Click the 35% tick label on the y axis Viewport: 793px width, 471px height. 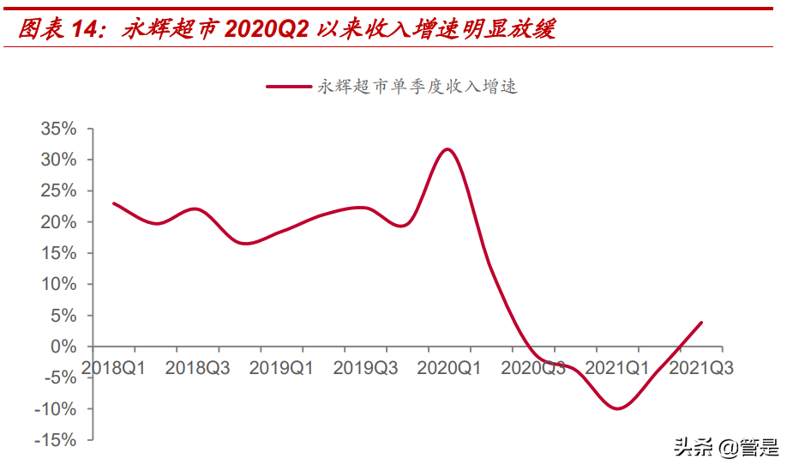(58, 129)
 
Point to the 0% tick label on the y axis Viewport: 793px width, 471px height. (63, 347)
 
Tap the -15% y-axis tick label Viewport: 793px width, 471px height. (56, 440)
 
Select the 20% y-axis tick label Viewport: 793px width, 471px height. (58, 222)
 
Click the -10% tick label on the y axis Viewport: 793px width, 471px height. (56, 409)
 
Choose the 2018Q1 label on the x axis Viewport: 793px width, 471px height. (113, 367)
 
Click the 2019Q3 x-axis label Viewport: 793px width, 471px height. (365, 367)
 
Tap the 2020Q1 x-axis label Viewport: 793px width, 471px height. (449, 367)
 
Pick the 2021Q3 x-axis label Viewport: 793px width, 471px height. (701, 367)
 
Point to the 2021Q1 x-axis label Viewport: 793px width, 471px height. (617, 367)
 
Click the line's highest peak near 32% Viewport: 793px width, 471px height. (447, 149)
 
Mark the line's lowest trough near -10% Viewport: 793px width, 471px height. (616, 408)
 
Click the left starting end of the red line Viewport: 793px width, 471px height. (114, 203)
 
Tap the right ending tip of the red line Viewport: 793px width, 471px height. (701, 323)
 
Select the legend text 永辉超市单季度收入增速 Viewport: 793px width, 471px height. (418, 87)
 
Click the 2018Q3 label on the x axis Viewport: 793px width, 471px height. (197, 367)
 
